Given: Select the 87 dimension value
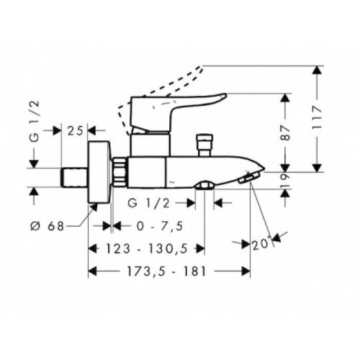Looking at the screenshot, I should [287, 132].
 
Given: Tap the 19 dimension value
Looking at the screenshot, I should [287, 181].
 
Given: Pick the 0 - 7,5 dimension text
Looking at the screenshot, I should [159, 225].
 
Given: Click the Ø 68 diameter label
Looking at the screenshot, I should [51, 225].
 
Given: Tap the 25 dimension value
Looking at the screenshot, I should [76, 130].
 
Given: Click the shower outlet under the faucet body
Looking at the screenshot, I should [204, 186].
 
